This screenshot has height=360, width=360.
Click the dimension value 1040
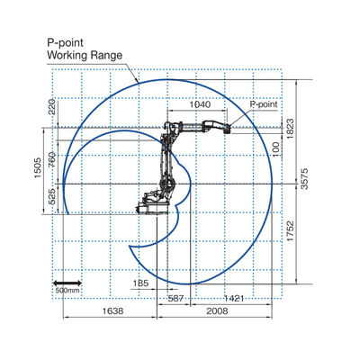(200, 104)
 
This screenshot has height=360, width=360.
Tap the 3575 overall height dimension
(304, 178)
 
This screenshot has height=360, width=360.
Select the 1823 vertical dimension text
(290, 129)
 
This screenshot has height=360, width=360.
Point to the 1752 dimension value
(290, 231)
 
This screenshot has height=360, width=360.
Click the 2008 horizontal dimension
(217, 310)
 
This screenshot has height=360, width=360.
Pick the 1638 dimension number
(112, 310)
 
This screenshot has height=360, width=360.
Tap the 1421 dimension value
(234, 299)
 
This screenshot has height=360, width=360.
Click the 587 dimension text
(175, 299)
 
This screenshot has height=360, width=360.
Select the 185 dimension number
(140, 283)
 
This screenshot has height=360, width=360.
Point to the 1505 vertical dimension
(38, 168)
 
